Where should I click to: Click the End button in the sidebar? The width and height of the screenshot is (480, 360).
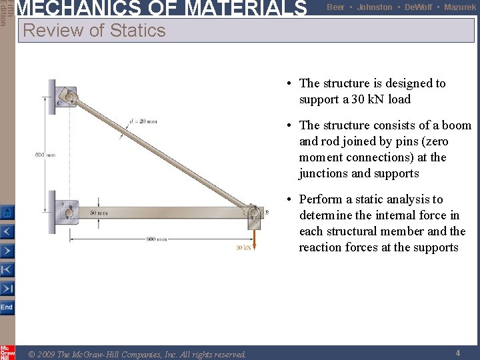tap(7, 307)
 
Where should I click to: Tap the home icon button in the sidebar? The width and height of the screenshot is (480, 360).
tap(7, 213)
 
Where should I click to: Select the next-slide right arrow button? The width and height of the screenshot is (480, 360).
tap(7, 251)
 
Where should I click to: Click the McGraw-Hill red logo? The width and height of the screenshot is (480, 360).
tap(7, 352)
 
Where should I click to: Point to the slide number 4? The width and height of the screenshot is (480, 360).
tap(457, 353)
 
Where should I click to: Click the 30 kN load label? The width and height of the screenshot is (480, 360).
tap(243, 247)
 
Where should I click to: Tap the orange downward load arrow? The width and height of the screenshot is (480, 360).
tap(254, 238)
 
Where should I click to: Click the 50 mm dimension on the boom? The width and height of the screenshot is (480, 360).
tap(99, 213)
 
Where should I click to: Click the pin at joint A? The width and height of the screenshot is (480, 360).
tap(68, 213)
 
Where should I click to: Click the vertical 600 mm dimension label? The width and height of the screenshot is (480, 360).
tap(45, 155)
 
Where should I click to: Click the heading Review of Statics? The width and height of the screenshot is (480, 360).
tap(94, 31)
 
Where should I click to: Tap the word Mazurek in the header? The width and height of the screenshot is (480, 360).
tap(460, 7)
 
